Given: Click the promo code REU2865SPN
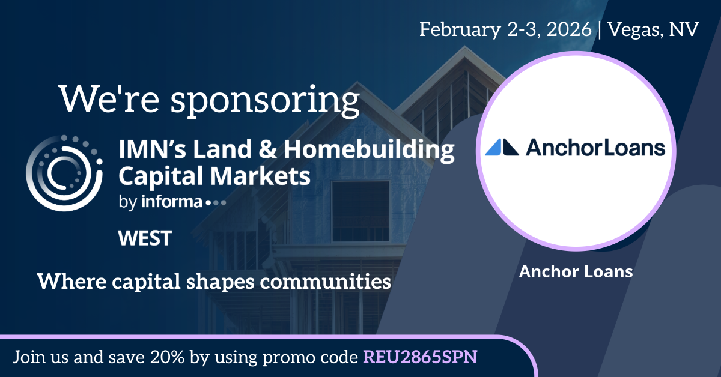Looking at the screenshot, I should point(420,357).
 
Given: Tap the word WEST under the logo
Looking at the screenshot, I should point(145,238).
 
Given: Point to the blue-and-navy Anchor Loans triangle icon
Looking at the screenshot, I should point(502,148).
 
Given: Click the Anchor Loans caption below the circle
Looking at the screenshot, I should point(576,271).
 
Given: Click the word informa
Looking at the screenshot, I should point(172,202).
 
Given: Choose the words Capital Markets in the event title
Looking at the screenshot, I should point(214,177).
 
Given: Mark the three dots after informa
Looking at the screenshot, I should point(215,203).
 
